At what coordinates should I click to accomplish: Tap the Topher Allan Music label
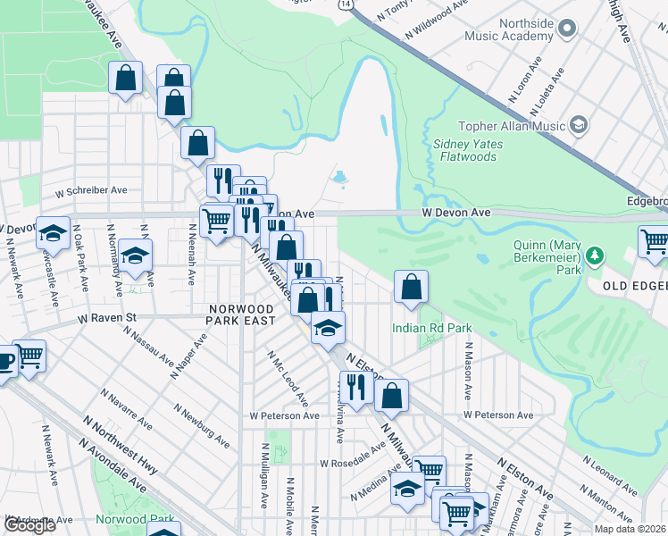[x=512, y=126]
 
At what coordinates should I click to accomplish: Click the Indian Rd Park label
[x=431, y=328]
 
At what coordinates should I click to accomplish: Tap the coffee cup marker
[x=5, y=362]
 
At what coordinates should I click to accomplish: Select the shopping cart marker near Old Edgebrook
[x=654, y=241]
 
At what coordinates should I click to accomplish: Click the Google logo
[x=29, y=525]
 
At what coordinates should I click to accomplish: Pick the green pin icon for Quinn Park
[x=590, y=257]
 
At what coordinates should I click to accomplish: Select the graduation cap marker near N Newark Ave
[x=53, y=233]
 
